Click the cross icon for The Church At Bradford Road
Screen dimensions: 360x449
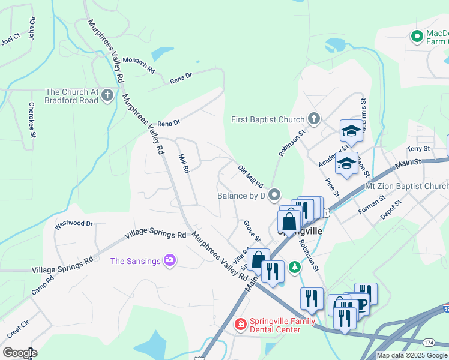click(x=107, y=95)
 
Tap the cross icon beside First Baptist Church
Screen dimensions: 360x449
click(x=313, y=119)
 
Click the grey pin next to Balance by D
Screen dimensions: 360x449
click(x=274, y=195)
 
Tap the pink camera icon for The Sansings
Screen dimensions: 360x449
click(x=170, y=260)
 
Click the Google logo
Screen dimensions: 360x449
click(x=20, y=353)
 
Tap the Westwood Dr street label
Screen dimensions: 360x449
click(x=74, y=224)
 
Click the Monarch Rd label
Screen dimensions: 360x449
click(x=139, y=64)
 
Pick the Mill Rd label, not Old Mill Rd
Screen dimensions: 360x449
click(x=184, y=163)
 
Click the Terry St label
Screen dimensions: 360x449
click(x=418, y=148)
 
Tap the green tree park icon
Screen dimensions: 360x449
click(x=294, y=266)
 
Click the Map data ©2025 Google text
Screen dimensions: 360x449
click(x=412, y=355)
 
